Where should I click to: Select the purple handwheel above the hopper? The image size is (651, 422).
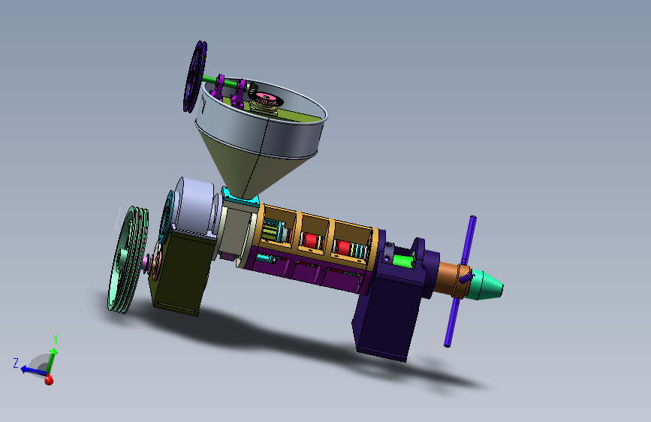[195, 77]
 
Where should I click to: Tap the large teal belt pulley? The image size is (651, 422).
[127, 259]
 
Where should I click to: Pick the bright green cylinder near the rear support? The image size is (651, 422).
[402, 261]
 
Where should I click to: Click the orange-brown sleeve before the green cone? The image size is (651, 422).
[450, 278]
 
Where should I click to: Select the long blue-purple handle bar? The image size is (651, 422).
[460, 282]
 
